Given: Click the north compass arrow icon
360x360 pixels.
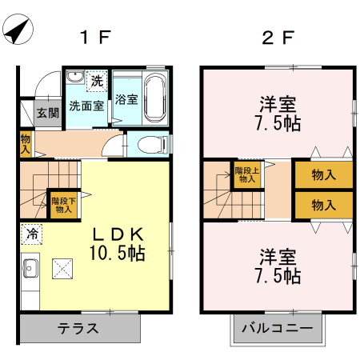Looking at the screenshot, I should click(18, 31).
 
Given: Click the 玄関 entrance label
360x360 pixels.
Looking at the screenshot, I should click(47, 113).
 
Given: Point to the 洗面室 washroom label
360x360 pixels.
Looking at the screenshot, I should click(85, 105).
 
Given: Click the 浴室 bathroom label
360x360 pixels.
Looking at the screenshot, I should click(126, 100).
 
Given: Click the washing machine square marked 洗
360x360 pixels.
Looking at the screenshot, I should click(96, 80).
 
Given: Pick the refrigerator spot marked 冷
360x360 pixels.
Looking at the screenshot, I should click(32, 234).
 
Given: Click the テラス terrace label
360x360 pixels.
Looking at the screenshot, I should click(78, 328).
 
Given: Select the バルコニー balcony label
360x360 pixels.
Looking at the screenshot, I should click(278, 328).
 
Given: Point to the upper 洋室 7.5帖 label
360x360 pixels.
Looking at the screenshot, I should click(279, 114).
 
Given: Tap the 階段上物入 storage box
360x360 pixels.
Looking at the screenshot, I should click(246, 174).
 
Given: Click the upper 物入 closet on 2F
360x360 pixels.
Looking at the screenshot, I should click(323, 175).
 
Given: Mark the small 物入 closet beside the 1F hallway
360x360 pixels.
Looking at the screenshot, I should click(25, 144).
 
